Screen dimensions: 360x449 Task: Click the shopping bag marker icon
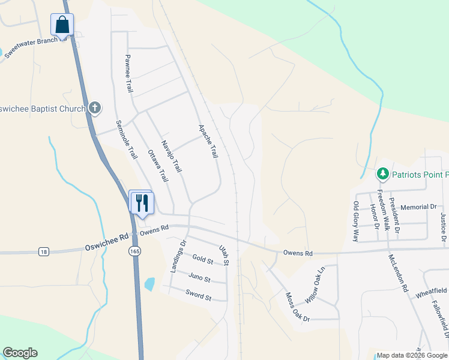tap(62, 25)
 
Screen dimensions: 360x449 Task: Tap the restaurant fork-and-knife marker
tap(142, 202)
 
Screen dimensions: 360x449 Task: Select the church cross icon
tap(94, 108)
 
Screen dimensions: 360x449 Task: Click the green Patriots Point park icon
tap(382, 174)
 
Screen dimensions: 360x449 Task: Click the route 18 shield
tap(43, 252)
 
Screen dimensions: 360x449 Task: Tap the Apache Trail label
tap(208, 142)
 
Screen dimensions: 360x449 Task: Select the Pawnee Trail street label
tap(128, 73)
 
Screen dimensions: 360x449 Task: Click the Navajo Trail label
tap(171, 157)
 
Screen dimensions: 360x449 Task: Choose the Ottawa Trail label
tap(158, 166)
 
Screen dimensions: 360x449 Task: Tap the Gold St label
tap(203, 260)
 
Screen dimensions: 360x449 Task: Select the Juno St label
tap(199, 278)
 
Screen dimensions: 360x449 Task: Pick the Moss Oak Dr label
tap(297, 307)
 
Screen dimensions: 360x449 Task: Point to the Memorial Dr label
tap(419, 207)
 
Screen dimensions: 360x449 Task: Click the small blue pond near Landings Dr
tap(149, 283)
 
